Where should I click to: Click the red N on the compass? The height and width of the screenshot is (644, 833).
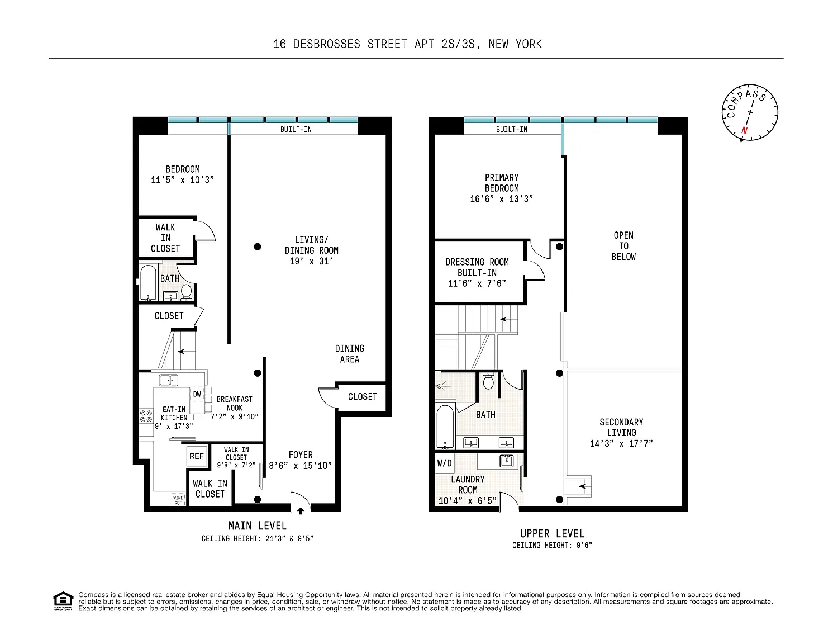744,130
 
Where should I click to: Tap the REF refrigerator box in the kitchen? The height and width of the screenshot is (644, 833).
197,456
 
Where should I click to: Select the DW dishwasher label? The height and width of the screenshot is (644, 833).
197,394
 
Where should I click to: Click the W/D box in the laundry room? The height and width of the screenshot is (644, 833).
445,463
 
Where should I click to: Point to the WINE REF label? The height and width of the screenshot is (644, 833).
178,500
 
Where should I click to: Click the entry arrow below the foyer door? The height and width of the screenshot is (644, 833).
301,511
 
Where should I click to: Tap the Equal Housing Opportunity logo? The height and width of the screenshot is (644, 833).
63,601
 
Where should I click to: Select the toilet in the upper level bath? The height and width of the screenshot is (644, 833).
488,381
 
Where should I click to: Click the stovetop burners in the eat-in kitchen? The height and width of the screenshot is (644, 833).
146,416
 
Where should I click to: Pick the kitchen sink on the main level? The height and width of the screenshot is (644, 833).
168,380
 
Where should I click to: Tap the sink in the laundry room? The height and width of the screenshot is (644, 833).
506,461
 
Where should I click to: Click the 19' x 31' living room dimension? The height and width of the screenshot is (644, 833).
311,261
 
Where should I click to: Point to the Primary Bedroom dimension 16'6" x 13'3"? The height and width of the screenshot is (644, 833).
501,199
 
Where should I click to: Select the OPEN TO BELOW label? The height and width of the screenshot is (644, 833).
623,246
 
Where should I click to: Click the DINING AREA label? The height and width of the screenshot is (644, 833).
350,354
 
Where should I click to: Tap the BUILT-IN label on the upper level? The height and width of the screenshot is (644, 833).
511,130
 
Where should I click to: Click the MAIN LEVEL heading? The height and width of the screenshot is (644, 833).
257,525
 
